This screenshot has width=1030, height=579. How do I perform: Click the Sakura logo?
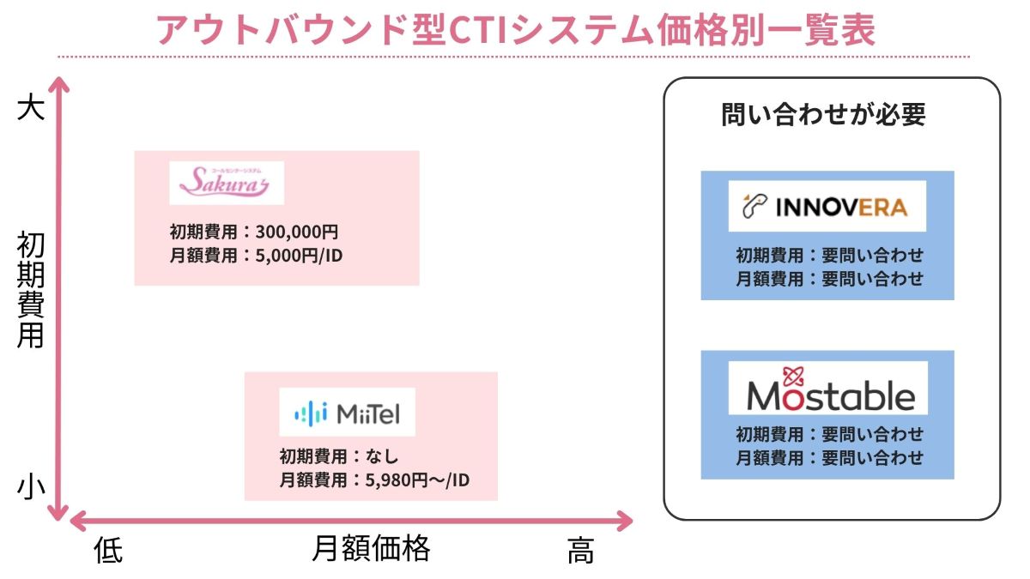[226, 183]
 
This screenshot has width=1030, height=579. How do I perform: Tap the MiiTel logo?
[347, 414]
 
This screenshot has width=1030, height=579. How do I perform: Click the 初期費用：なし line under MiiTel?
[339, 457]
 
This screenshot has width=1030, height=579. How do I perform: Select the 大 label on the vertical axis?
[30, 109]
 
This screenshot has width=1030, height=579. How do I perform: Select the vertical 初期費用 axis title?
[31, 292]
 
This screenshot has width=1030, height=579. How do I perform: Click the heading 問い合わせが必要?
[824, 115]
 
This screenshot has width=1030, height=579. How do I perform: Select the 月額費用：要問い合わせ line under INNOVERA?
[829, 278]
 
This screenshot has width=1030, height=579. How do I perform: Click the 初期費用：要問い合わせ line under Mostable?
[829, 434]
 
